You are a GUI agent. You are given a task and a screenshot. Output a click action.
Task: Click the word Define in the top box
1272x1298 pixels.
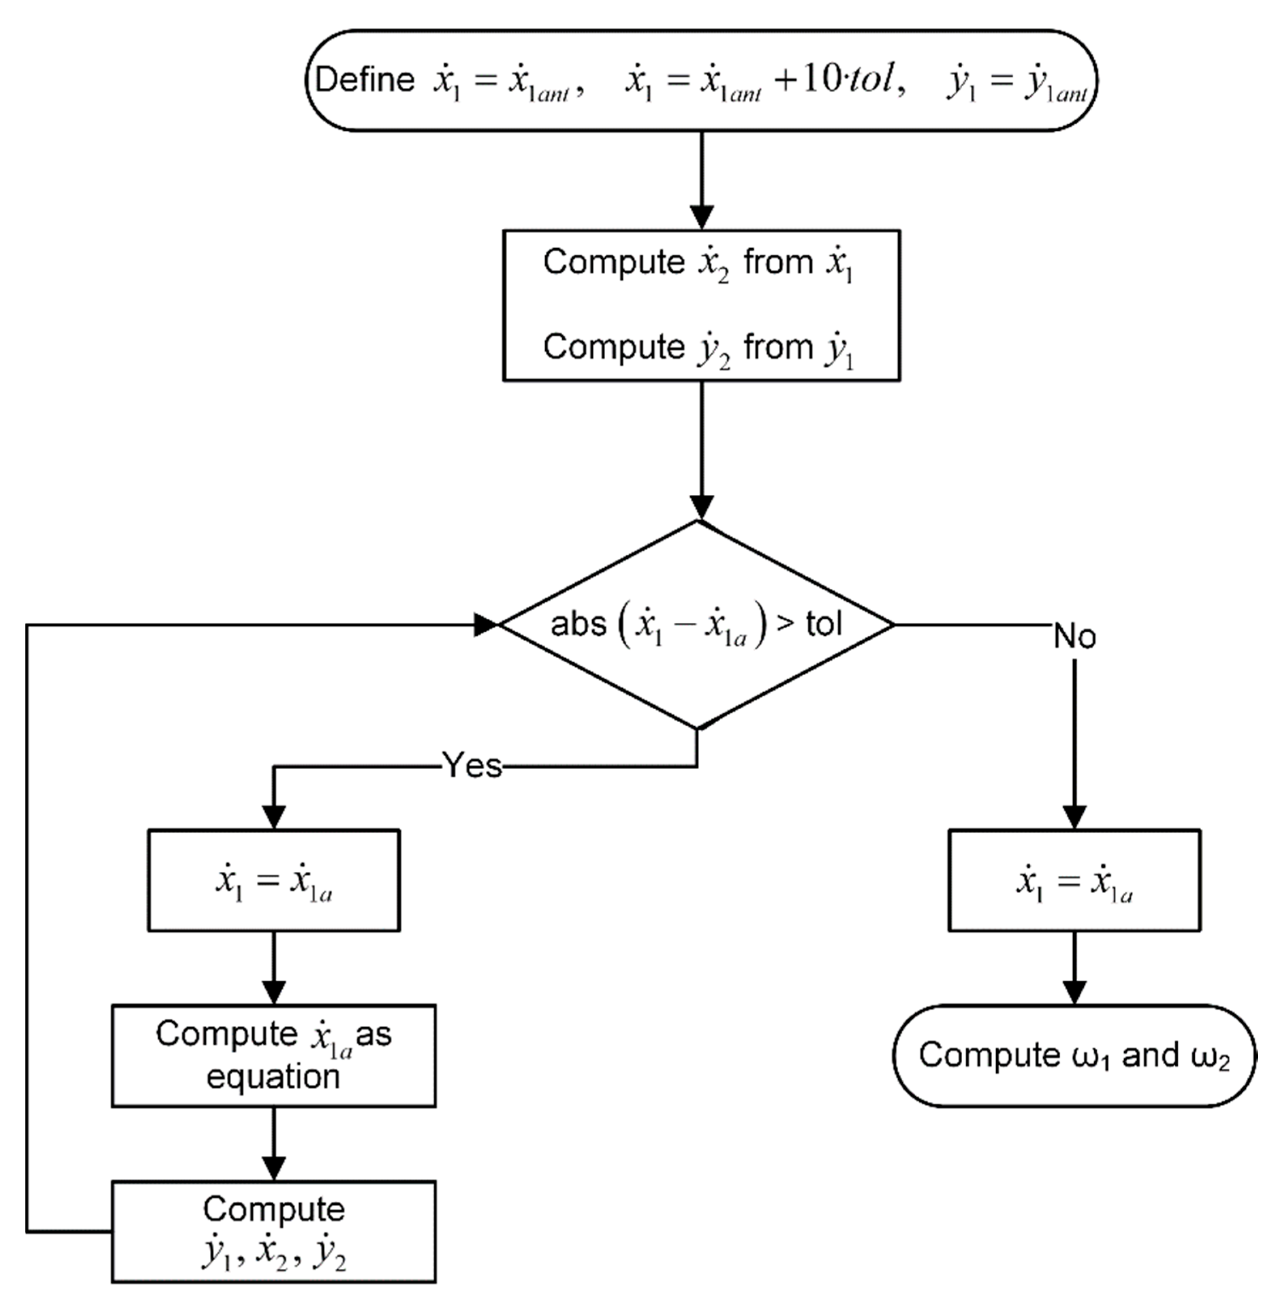pos(365,80)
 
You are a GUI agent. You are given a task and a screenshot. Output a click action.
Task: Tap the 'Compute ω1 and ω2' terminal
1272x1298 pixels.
pos(1074,1055)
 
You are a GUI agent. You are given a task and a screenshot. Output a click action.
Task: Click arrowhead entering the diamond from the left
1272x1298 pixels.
pos(486,625)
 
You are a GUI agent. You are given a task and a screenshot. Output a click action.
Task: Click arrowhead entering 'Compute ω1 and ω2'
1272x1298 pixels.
pos(1074,992)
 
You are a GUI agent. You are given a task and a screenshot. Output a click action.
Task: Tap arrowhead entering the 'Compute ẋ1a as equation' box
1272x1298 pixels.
pos(274,992)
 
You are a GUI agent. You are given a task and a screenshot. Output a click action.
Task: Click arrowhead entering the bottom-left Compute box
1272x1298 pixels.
pos(274,1167)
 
